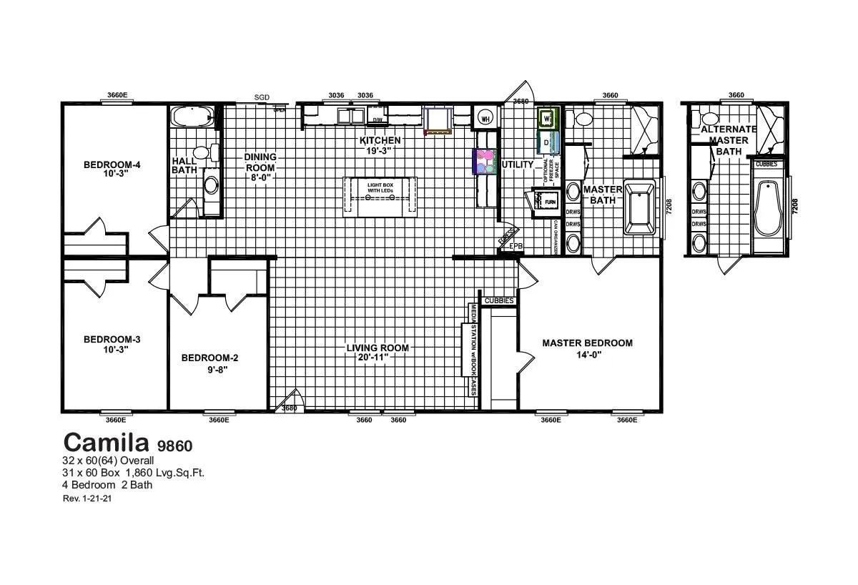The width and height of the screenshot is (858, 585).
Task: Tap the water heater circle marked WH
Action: [x=485, y=118]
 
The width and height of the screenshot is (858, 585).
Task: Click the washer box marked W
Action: [x=547, y=117]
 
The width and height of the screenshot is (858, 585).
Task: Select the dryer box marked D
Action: [x=547, y=143]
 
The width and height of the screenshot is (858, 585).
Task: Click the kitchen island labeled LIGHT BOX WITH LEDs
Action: [x=380, y=195]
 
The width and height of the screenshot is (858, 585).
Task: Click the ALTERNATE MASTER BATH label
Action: [x=729, y=140]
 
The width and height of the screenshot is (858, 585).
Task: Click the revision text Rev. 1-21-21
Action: [x=87, y=498]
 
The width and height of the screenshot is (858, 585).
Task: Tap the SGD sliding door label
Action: [x=262, y=98]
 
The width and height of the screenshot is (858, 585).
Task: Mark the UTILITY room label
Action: [x=518, y=164]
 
